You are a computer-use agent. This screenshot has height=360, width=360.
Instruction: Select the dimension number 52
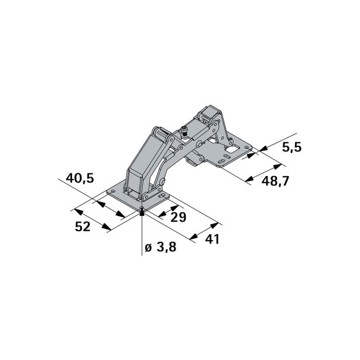[83, 226]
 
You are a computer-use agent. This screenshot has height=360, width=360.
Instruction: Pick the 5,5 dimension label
[291, 148]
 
